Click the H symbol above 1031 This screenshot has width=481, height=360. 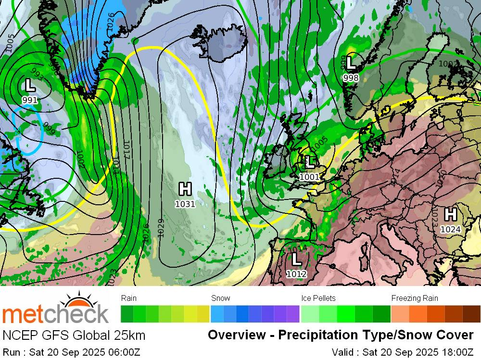pyautogui.click(x=185, y=189)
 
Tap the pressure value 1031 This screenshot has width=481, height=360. pyautogui.click(x=185, y=204)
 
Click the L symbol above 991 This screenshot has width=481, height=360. pyautogui.click(x=30, y=86)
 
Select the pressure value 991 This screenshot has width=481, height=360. pyautogui.click(x=30, y=100)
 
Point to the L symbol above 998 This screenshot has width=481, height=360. pyautogui.click(x=351, y=62)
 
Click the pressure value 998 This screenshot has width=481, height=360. pyautogui.click(x=351, y=77)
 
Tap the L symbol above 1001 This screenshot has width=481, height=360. pyautogui.click(x=309, y=162)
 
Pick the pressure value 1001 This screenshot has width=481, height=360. pyautogui.click(x=309, y=177)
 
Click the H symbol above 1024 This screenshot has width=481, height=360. pyautogui.click(x=451, y=214)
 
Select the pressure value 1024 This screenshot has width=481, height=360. pyautogui.click(x=451, y=229)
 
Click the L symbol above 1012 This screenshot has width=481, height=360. pyautogui.click(x=296, y=259)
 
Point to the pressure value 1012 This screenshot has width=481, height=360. pyautogui.click(x=296, y=274)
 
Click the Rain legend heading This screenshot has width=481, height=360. pyautogui.click(x=129, y=298)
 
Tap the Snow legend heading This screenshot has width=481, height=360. pyautogui.click(x=221, y=298)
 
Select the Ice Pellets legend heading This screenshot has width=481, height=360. pyautogui.click(x=318, y=298)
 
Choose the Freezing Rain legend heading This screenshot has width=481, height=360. pyautogui.click(x=415, y=298)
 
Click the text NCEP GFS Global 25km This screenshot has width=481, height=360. pyautogui.click(x=74, y=335)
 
